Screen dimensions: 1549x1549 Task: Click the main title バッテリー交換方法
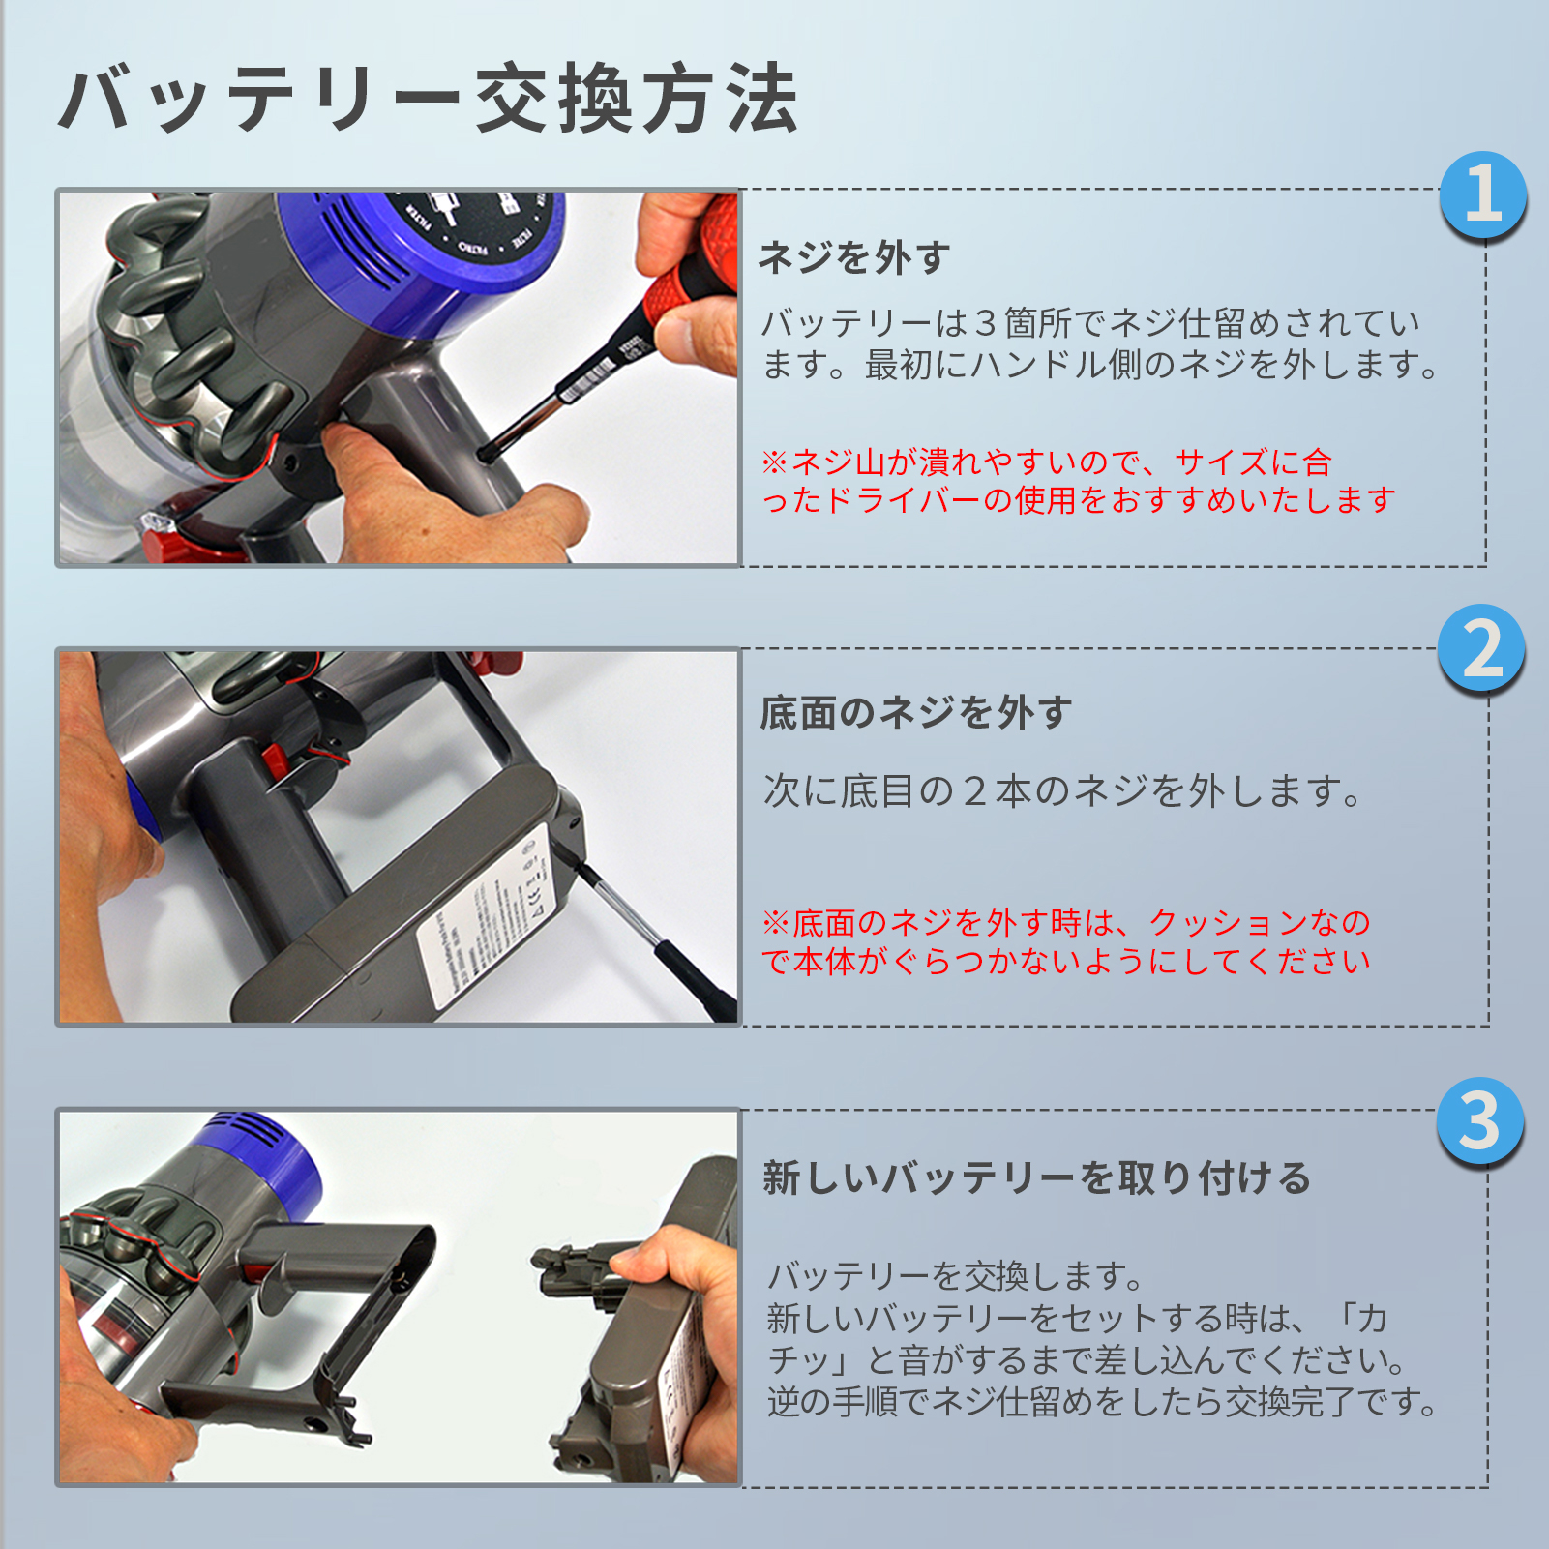tap(429, 99)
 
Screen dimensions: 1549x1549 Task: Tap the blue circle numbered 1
tap(1482, 194)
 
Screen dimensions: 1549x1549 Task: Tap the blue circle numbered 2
tap(1481, 648)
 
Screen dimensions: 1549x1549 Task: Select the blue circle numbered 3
tap(1480, 1120)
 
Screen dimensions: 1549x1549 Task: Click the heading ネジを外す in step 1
tap(854, 257)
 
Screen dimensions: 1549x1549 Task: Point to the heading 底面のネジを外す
tap(916, 713)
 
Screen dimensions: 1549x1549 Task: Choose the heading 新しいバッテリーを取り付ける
tap(1037, 1178)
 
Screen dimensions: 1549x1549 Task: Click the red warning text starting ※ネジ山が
tap(1078, 481)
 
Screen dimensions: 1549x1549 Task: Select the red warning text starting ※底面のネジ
tap(1066, 941)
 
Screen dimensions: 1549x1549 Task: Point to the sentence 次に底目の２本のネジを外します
tap(1062, 790)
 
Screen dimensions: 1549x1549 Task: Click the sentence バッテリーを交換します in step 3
tap(955, 1276)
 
